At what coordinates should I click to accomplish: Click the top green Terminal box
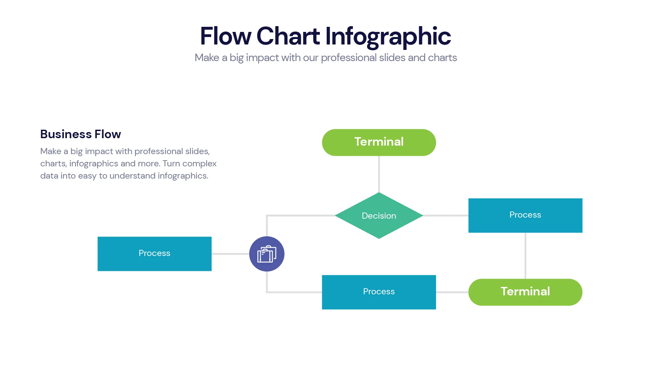point(379,142)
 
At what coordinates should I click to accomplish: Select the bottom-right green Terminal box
point(525,292)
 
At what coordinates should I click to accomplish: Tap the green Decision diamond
point(379,216)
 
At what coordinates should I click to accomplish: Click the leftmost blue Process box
point(154,254)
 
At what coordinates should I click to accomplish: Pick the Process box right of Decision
point(525,215)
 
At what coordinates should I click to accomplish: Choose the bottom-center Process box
point(379,292)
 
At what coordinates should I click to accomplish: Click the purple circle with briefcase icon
point(267,254)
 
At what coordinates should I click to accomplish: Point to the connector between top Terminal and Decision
point(379,174)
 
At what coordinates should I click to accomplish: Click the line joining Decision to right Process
point(446,216)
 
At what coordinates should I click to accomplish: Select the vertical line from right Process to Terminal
point(525,255)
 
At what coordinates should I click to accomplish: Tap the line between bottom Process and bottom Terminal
point(452,292)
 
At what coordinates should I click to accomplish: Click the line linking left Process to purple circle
point(230,254)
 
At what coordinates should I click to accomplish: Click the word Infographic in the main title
point(388,36)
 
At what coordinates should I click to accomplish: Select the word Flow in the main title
point(225,36)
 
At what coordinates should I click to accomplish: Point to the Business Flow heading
point(80,134)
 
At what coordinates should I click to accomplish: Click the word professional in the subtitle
point(348,58)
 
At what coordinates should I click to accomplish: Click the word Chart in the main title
point(288,36)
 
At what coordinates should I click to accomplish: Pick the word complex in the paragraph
point(199,164)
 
